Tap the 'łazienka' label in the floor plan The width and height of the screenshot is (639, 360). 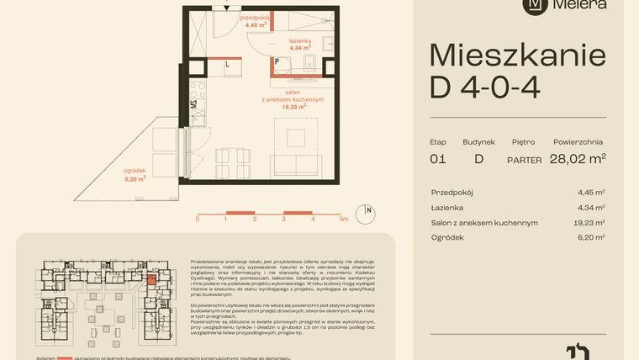tap(300, 41)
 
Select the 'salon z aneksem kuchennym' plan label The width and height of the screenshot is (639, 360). tap(293, 99)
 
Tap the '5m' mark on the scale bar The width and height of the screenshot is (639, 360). tap(343, 219)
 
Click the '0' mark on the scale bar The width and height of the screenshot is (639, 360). tap(198, 219)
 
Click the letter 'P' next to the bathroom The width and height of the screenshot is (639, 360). tap(277, 62)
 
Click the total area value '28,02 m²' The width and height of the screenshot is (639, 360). tap(578, 157)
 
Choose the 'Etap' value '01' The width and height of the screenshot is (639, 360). tap(438, 158)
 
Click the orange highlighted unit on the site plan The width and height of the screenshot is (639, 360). tap(151, 279)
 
